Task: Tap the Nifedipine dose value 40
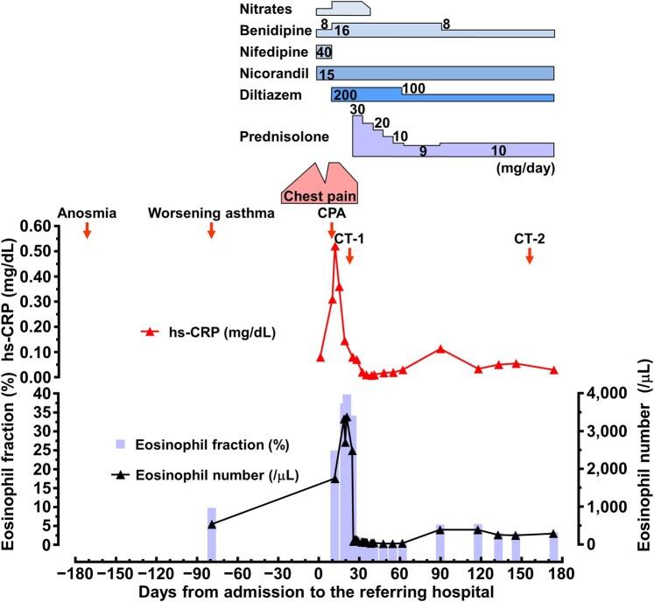pyautogui.click(x=324, y=52)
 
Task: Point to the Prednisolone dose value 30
pyautogui.click(x=356, y=109)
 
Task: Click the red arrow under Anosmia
pyautogui.click(x=87, y=230)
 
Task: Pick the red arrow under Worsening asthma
pyautogui.click(x=211, y=230)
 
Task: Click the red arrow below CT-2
pyautogui.click(x=530, y=255)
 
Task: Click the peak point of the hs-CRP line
pyautogui.click(x=334, y=247)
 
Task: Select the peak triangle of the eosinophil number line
pyautogui.click(x=346, y=417)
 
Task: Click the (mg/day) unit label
pyautogui.click(x=525, y=164)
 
